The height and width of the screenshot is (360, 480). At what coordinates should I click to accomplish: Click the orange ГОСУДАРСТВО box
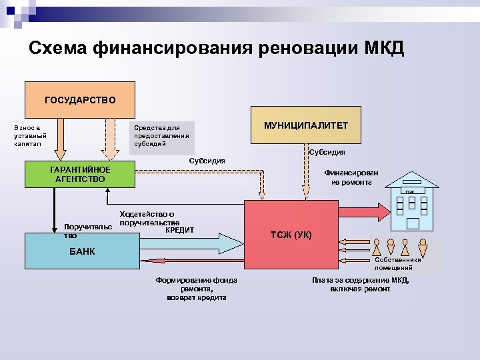point(80,100)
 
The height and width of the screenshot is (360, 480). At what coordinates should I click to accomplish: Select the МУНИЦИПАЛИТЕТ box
point(306,125)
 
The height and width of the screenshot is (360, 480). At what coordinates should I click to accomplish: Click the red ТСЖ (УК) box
point(291,235)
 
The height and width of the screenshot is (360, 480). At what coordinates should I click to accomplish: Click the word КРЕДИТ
point(179,230)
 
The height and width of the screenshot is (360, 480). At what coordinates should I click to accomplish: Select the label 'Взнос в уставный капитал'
point(28,135)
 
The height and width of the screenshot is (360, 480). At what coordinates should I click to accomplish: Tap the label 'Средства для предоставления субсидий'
point(161,135)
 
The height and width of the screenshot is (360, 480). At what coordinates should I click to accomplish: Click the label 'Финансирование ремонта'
point(351,177)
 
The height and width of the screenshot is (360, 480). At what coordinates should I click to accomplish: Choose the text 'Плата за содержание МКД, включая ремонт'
point(360,285)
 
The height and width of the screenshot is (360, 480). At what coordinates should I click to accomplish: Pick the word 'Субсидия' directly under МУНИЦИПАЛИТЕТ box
point(327,153)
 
